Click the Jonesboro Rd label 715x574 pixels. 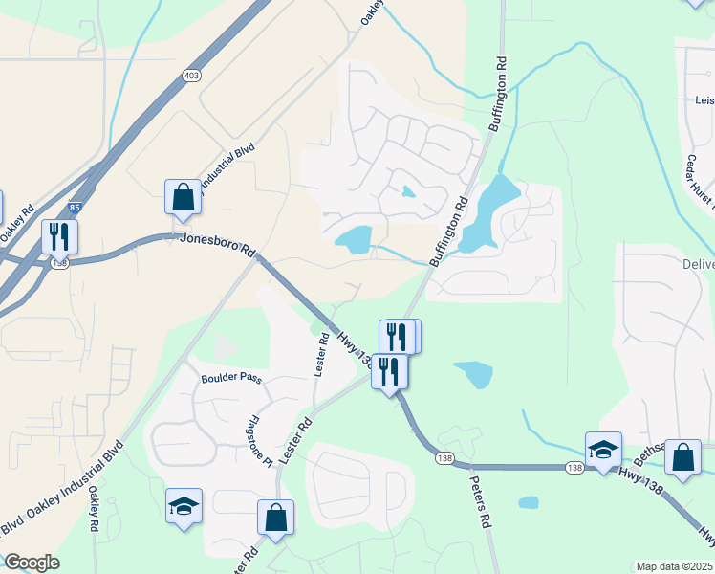[219, 245]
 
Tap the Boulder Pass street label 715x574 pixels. [231, 378]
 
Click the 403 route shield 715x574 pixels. [191, 74]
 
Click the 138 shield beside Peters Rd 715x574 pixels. [444, 459]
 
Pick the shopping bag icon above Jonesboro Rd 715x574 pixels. [183, 197]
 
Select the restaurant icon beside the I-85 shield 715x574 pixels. [59, 235]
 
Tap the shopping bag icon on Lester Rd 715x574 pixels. [275, 517]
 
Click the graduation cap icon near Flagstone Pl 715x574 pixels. [184, 506]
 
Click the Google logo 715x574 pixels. [32, 563]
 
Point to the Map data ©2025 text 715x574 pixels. [675, 566]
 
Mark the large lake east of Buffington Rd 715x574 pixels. [490, 212]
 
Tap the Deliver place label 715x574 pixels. [699, 264]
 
